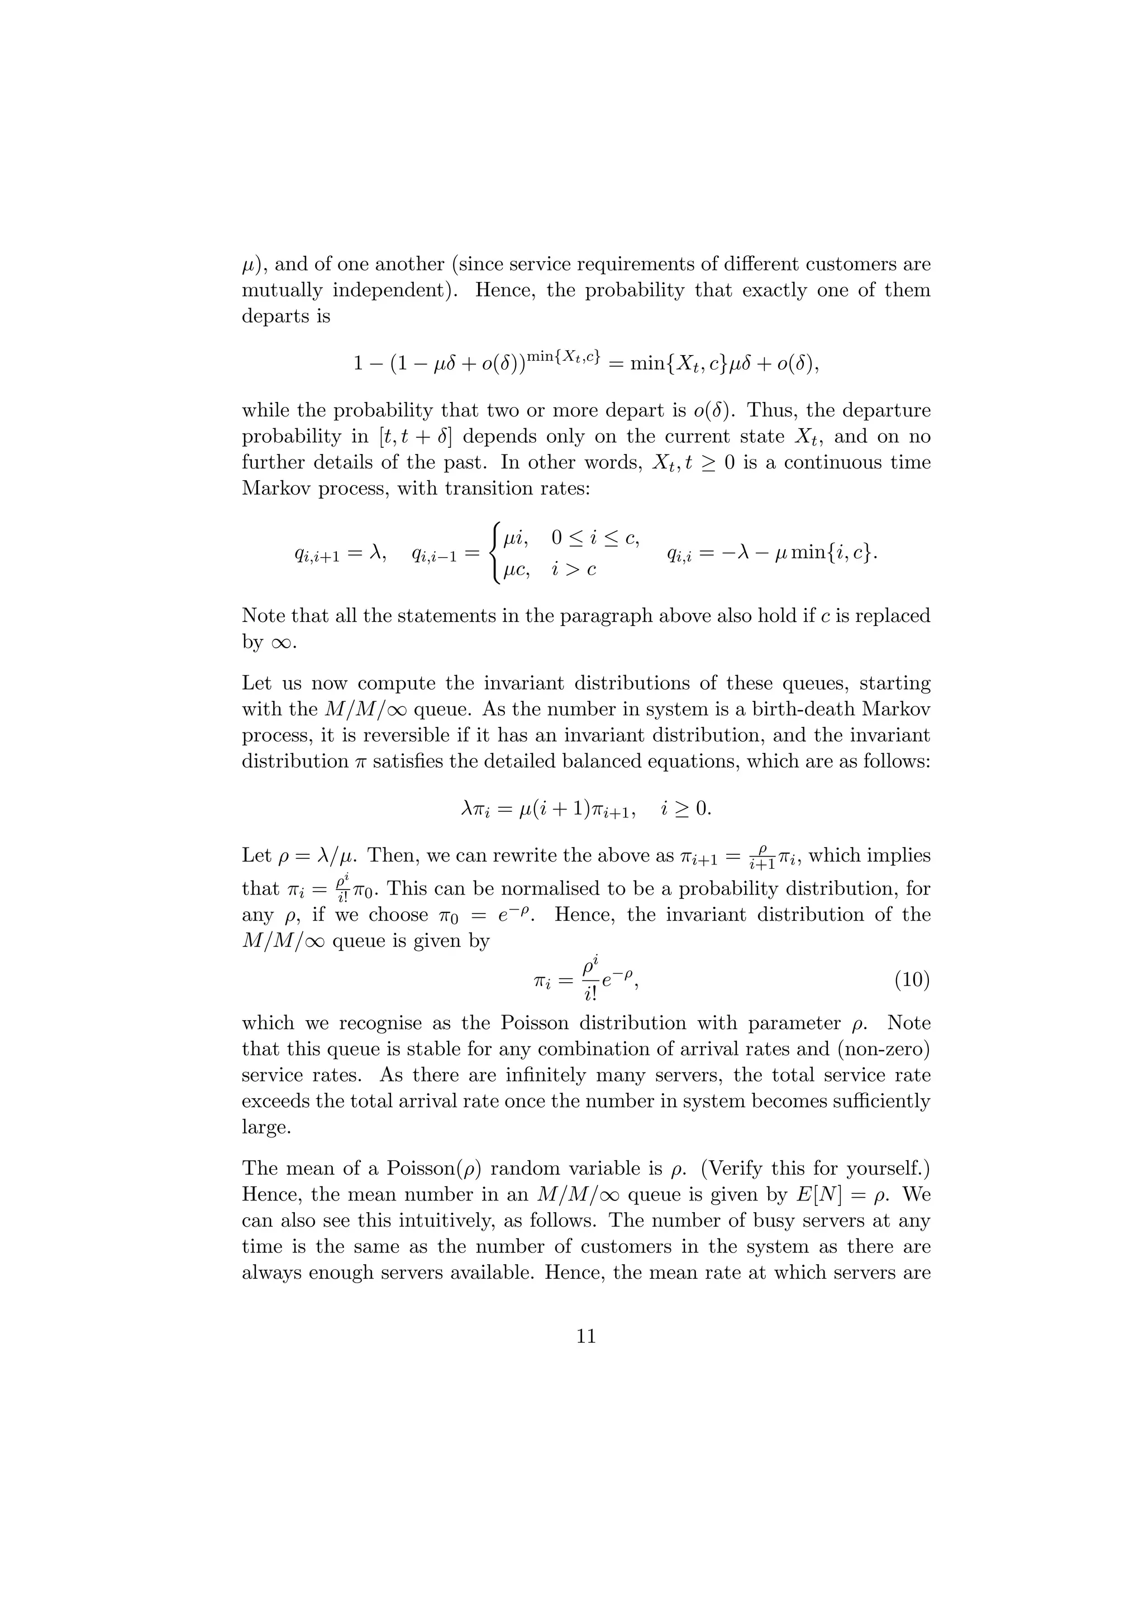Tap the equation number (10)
point(912,980)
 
